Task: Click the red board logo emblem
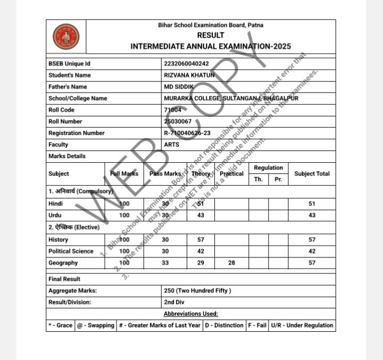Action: (66, 37)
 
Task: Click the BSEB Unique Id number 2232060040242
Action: (187, 64)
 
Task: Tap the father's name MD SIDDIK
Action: (179, 87)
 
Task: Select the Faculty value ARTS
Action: (172, 145)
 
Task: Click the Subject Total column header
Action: (312, 174)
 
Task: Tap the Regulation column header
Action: (269, 168)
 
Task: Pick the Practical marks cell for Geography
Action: (231, 263)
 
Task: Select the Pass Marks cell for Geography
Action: (165, 263)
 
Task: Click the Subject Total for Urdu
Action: (312, 215)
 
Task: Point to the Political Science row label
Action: (71, 252)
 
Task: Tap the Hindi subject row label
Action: (55, 204)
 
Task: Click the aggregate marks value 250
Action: (197, 291)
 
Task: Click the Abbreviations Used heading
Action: (191, 314)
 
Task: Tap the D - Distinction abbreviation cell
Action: (224, 325)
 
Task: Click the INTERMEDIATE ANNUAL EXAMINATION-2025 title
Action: (210, 46)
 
